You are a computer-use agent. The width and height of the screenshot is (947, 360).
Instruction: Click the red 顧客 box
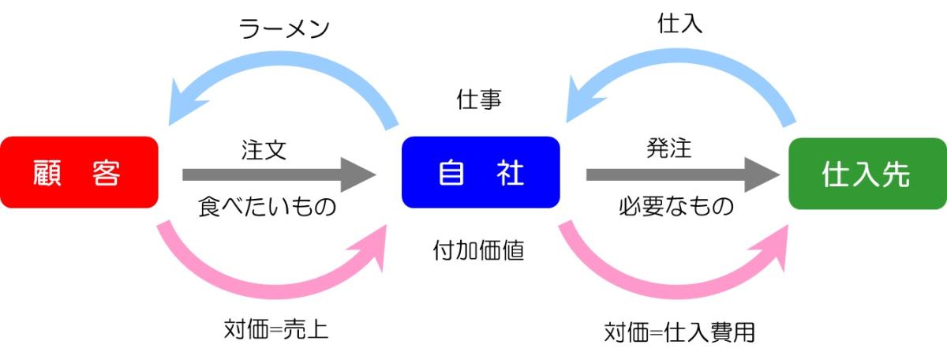click(x=79, y=172)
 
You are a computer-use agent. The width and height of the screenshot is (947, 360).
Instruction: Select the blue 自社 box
click(x=481, y=172)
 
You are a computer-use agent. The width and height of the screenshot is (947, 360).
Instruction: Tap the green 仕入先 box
click(x=867, y=173)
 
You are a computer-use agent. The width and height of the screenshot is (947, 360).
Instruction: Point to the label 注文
click(x=264, y=148)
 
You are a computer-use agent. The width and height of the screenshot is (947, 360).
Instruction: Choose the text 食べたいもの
click(x=267, y=207)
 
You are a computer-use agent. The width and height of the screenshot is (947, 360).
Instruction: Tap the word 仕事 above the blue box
click(x=480, y=100)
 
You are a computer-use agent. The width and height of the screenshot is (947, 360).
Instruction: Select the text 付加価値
click(x=480, y=250)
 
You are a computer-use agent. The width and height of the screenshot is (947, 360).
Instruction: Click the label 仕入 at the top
click(x=679, y=24)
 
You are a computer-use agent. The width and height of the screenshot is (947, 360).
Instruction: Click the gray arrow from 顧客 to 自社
click(x=276, y=174)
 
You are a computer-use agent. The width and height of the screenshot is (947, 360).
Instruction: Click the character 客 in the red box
click(x=105, y=173)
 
